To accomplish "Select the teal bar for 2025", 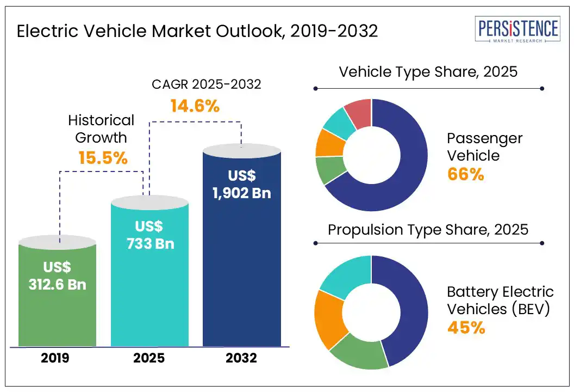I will click(149, 294).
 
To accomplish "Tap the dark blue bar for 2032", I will click(241, 272).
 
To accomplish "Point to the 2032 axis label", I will click(242, 359).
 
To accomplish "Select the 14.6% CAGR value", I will click(195, 106).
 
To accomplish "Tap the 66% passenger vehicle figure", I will click(465, 174).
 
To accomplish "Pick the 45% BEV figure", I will click(466, 328).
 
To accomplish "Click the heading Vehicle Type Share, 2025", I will click(428, 72).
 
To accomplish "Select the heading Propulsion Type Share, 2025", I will click(428, 229).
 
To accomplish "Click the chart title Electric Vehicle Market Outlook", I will click(197, 31).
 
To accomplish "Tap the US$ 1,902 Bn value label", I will click(241, 185).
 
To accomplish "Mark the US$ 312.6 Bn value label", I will click(57, 276).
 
